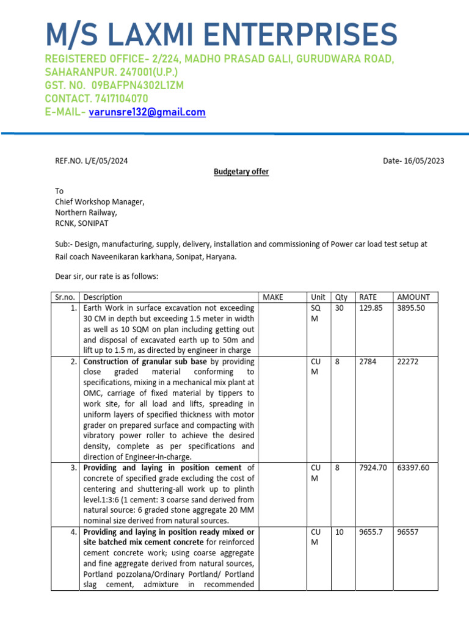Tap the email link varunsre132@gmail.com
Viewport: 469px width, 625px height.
147,112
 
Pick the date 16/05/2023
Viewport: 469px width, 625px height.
422,161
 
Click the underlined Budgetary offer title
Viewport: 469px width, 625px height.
241,172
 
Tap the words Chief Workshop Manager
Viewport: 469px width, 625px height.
100,202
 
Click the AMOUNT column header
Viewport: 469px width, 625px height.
413,297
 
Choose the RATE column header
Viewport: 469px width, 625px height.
368,297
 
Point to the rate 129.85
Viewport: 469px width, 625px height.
371,308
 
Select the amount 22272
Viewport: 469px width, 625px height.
409,361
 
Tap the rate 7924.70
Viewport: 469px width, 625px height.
373,468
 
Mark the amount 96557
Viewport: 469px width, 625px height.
409,532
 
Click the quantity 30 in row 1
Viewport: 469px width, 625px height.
340,308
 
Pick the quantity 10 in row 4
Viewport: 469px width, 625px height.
340,532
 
